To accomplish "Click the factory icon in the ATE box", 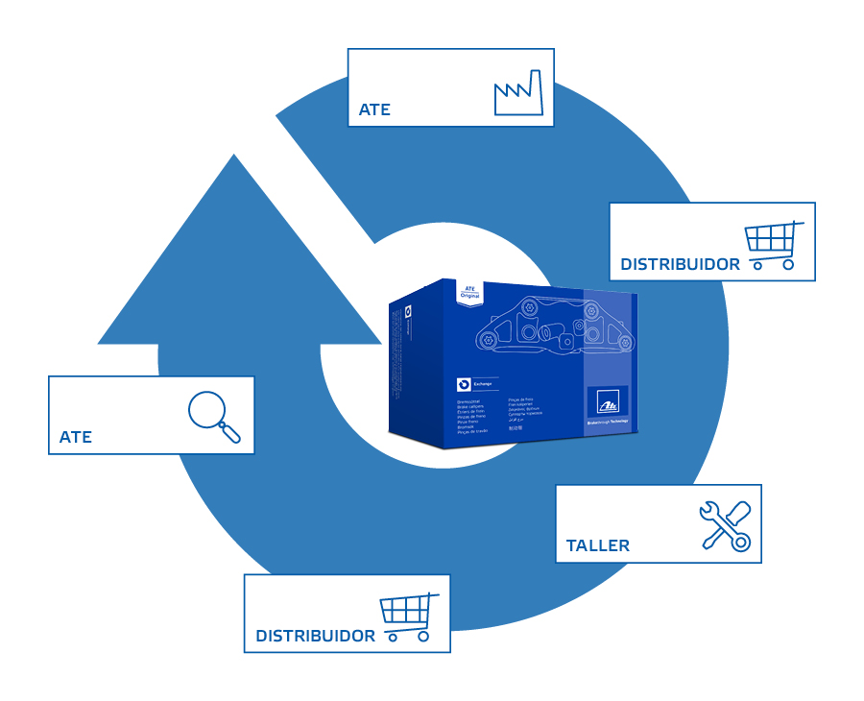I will pyautogui.click(x=518, y=93).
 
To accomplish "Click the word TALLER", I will pyautogui.click(x=598, y=545).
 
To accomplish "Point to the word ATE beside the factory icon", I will pyautogui.click(x=374, y=109).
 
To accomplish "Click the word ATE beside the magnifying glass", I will pyautogui.click(x=76, y=437).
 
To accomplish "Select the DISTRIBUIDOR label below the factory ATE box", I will pyautogui.click(x=680, y=264).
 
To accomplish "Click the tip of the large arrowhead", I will pyautogui.click(x=234, y=157).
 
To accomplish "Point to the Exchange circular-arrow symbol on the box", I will pyautogui.click(x=463, y=383).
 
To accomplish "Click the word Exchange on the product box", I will pyautogui.click(x=483, y=384).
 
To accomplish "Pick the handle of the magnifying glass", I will pyautogui.click(x=231, y=433).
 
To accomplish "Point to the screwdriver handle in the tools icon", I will pyautogui.click(x=739, y=514).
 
